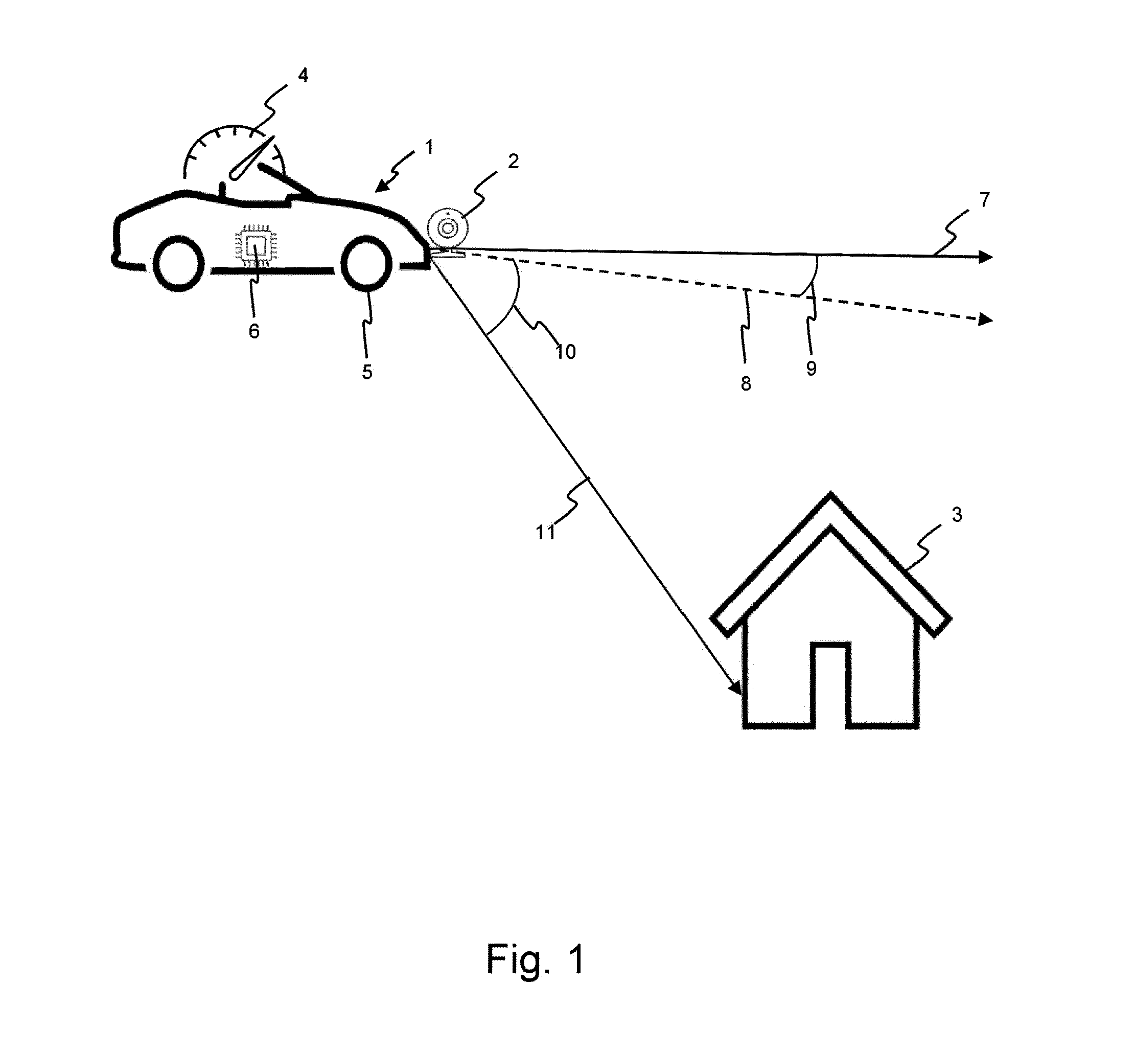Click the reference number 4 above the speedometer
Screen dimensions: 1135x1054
303,75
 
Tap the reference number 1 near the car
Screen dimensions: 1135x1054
429,147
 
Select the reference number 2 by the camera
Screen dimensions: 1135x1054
513,162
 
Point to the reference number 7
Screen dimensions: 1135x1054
985,200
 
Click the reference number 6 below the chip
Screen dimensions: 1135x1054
254,331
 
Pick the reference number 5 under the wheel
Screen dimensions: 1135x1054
367,372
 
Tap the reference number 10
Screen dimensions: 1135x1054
566,352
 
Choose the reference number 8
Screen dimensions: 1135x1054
746,384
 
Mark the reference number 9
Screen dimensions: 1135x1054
811,369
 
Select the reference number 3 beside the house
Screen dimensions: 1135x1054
957,514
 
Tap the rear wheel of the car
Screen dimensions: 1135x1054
179,264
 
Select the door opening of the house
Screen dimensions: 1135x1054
830,685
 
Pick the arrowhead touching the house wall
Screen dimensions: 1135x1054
736,688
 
